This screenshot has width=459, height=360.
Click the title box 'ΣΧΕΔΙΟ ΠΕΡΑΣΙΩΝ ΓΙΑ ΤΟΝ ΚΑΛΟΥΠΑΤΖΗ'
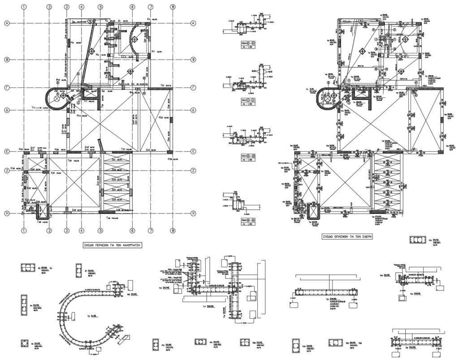point(110,245)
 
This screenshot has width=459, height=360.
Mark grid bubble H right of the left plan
point(193,213)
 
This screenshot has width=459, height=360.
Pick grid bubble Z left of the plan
point(7,170)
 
